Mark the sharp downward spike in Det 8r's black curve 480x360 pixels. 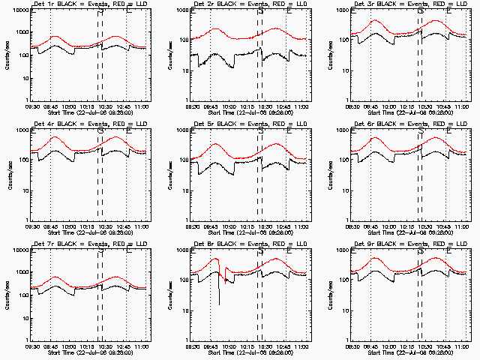(219, 296)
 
